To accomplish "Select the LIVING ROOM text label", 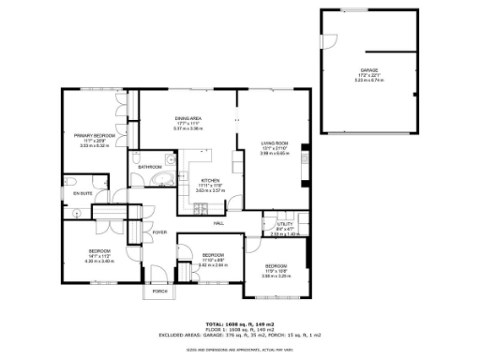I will tap(274, 142).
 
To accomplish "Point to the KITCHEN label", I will tap(210, 181).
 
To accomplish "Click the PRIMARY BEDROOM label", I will tap(95, 136).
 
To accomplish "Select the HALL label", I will tap(217, 223).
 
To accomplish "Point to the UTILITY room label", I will tap(271, 223).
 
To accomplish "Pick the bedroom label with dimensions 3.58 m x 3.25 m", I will tap(275, 276).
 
